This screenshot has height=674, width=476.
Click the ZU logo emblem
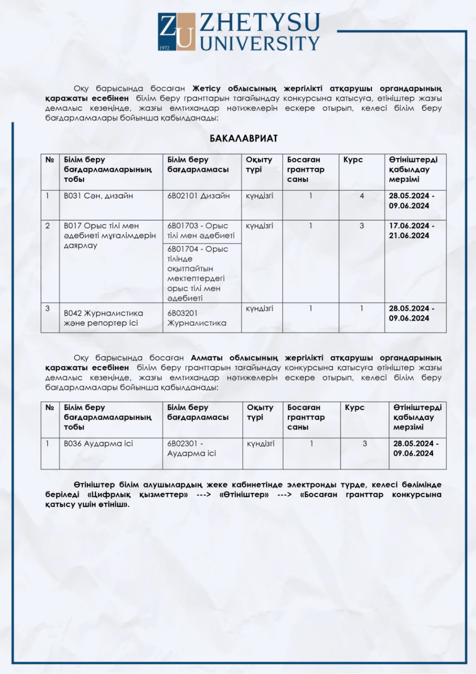[176, 32]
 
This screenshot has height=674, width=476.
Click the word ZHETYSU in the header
[259, 23]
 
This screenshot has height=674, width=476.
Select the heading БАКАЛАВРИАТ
[244, 139]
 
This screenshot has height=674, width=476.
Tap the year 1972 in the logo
[164, 47]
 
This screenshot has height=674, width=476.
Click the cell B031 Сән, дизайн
[99, 196]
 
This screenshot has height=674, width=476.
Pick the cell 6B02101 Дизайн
[199, 196]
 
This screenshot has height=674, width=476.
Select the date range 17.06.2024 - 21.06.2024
[411, 231]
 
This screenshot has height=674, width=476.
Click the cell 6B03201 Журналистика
[197, 318]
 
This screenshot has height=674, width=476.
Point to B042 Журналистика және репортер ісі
[103, 318]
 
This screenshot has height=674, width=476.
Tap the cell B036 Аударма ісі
[98, 444]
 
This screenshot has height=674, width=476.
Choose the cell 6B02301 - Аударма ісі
[192, 448]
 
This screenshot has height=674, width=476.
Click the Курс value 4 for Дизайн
[362, 196]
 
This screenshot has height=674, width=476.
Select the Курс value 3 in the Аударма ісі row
[365, 444]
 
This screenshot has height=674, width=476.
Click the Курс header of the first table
[353, 160]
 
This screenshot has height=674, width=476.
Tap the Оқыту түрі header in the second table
[260, 412]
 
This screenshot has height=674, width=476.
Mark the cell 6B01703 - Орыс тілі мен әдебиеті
[201, 231]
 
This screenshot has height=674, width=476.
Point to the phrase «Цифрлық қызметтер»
[138, 495]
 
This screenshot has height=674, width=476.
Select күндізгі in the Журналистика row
[259, 308]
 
